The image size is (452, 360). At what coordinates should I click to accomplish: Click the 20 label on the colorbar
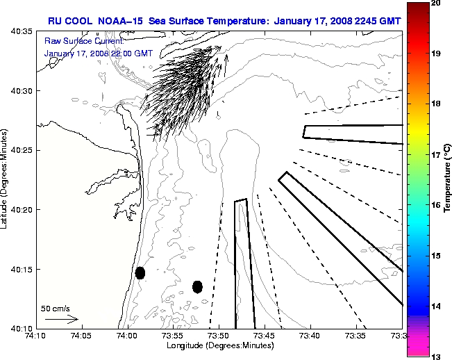tap(434, 3)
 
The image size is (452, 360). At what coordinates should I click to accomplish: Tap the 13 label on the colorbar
tap(434, 356)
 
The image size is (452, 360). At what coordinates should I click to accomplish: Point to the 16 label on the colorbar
tap(434, 205)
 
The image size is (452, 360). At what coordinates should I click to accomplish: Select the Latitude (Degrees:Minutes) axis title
tap(6, 179)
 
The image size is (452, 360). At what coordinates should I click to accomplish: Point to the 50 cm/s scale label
tap(56, 307)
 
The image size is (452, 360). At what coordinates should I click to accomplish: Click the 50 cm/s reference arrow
tap(61, 319)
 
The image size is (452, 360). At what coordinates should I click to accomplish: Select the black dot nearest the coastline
tap(140, 272)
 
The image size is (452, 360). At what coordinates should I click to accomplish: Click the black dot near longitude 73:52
tap(197, 286)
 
